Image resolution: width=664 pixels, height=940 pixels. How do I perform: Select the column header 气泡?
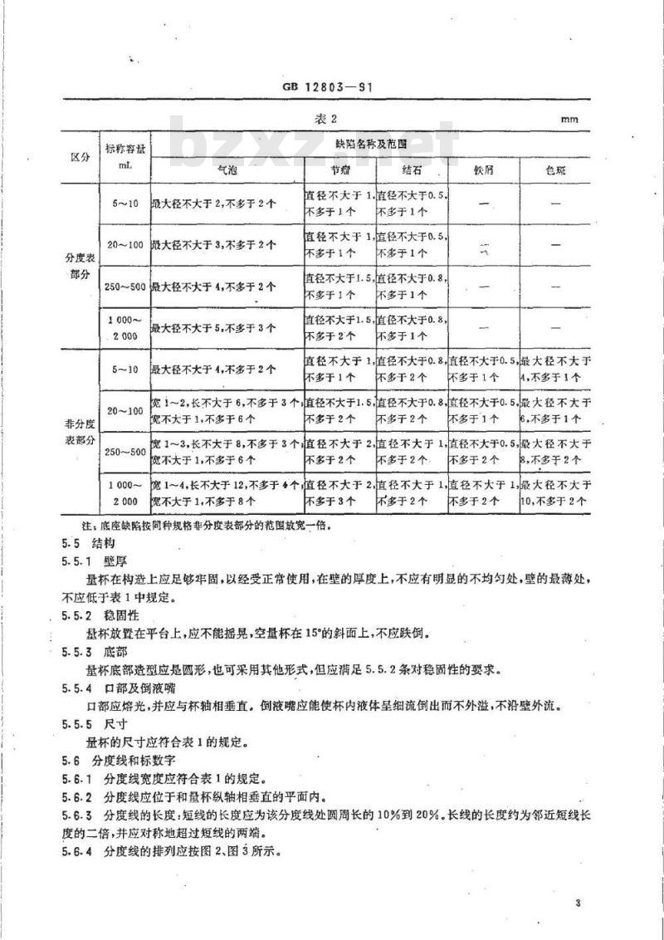(227, 169)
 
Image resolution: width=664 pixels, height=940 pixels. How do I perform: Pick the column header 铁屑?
(484, 169)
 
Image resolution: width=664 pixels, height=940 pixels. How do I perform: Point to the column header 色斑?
(555, 169)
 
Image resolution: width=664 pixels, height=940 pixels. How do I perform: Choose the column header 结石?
(412, 169)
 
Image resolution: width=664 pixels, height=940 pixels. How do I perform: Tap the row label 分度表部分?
(81, 265)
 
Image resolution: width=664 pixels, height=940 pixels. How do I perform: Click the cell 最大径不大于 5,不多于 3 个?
(213, 328)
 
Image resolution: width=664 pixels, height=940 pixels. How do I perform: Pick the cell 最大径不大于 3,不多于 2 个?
(213, 245)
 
